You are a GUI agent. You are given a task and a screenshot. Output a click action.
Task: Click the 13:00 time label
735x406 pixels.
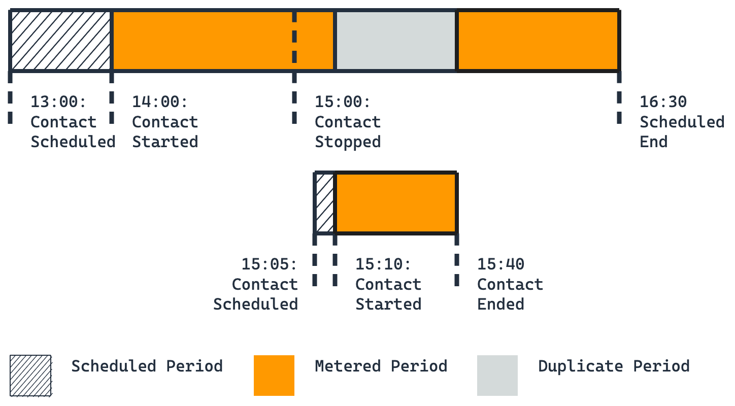(58, 102)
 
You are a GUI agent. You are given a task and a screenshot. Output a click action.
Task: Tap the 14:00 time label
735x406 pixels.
(160, 102)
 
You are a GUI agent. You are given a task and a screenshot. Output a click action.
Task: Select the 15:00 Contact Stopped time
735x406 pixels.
(343, 102)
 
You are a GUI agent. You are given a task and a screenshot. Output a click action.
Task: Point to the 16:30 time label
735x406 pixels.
(663, 102)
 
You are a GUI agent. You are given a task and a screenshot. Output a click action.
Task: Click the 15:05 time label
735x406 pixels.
(269, 264)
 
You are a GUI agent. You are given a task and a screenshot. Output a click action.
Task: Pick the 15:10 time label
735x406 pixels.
(383, 264)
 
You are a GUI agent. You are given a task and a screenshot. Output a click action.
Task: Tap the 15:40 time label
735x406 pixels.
(500, 264)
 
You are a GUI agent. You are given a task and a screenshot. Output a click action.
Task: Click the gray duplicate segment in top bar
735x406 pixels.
(396, 40)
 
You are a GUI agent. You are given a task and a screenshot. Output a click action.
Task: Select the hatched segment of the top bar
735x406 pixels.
(61, 40)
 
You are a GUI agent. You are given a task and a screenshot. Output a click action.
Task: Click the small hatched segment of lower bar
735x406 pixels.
(325, 203)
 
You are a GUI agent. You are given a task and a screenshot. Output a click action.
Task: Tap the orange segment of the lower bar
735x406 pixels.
(396, 203)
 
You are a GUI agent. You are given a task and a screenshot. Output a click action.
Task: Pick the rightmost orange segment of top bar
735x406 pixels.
(538, 40)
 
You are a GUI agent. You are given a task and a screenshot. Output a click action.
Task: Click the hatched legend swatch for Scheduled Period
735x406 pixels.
(30, 376)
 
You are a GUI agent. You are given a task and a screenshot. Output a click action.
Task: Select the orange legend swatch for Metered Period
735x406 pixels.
(274, 376)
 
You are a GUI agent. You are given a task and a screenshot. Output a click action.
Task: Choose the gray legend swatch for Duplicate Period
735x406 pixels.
(497, 376)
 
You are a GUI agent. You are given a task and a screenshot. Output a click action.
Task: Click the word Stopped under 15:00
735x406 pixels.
(348, 142)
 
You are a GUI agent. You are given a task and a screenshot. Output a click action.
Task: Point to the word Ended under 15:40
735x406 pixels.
(500, 304)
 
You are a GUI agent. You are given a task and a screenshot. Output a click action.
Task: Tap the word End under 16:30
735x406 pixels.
(653, 142)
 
